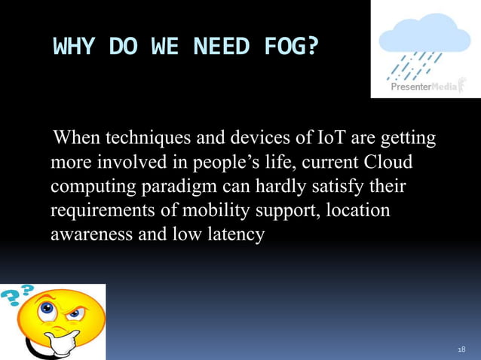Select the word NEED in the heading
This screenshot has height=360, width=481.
[221, 47]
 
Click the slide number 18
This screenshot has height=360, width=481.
[461, 349]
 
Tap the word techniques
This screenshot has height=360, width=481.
[149, 139]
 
